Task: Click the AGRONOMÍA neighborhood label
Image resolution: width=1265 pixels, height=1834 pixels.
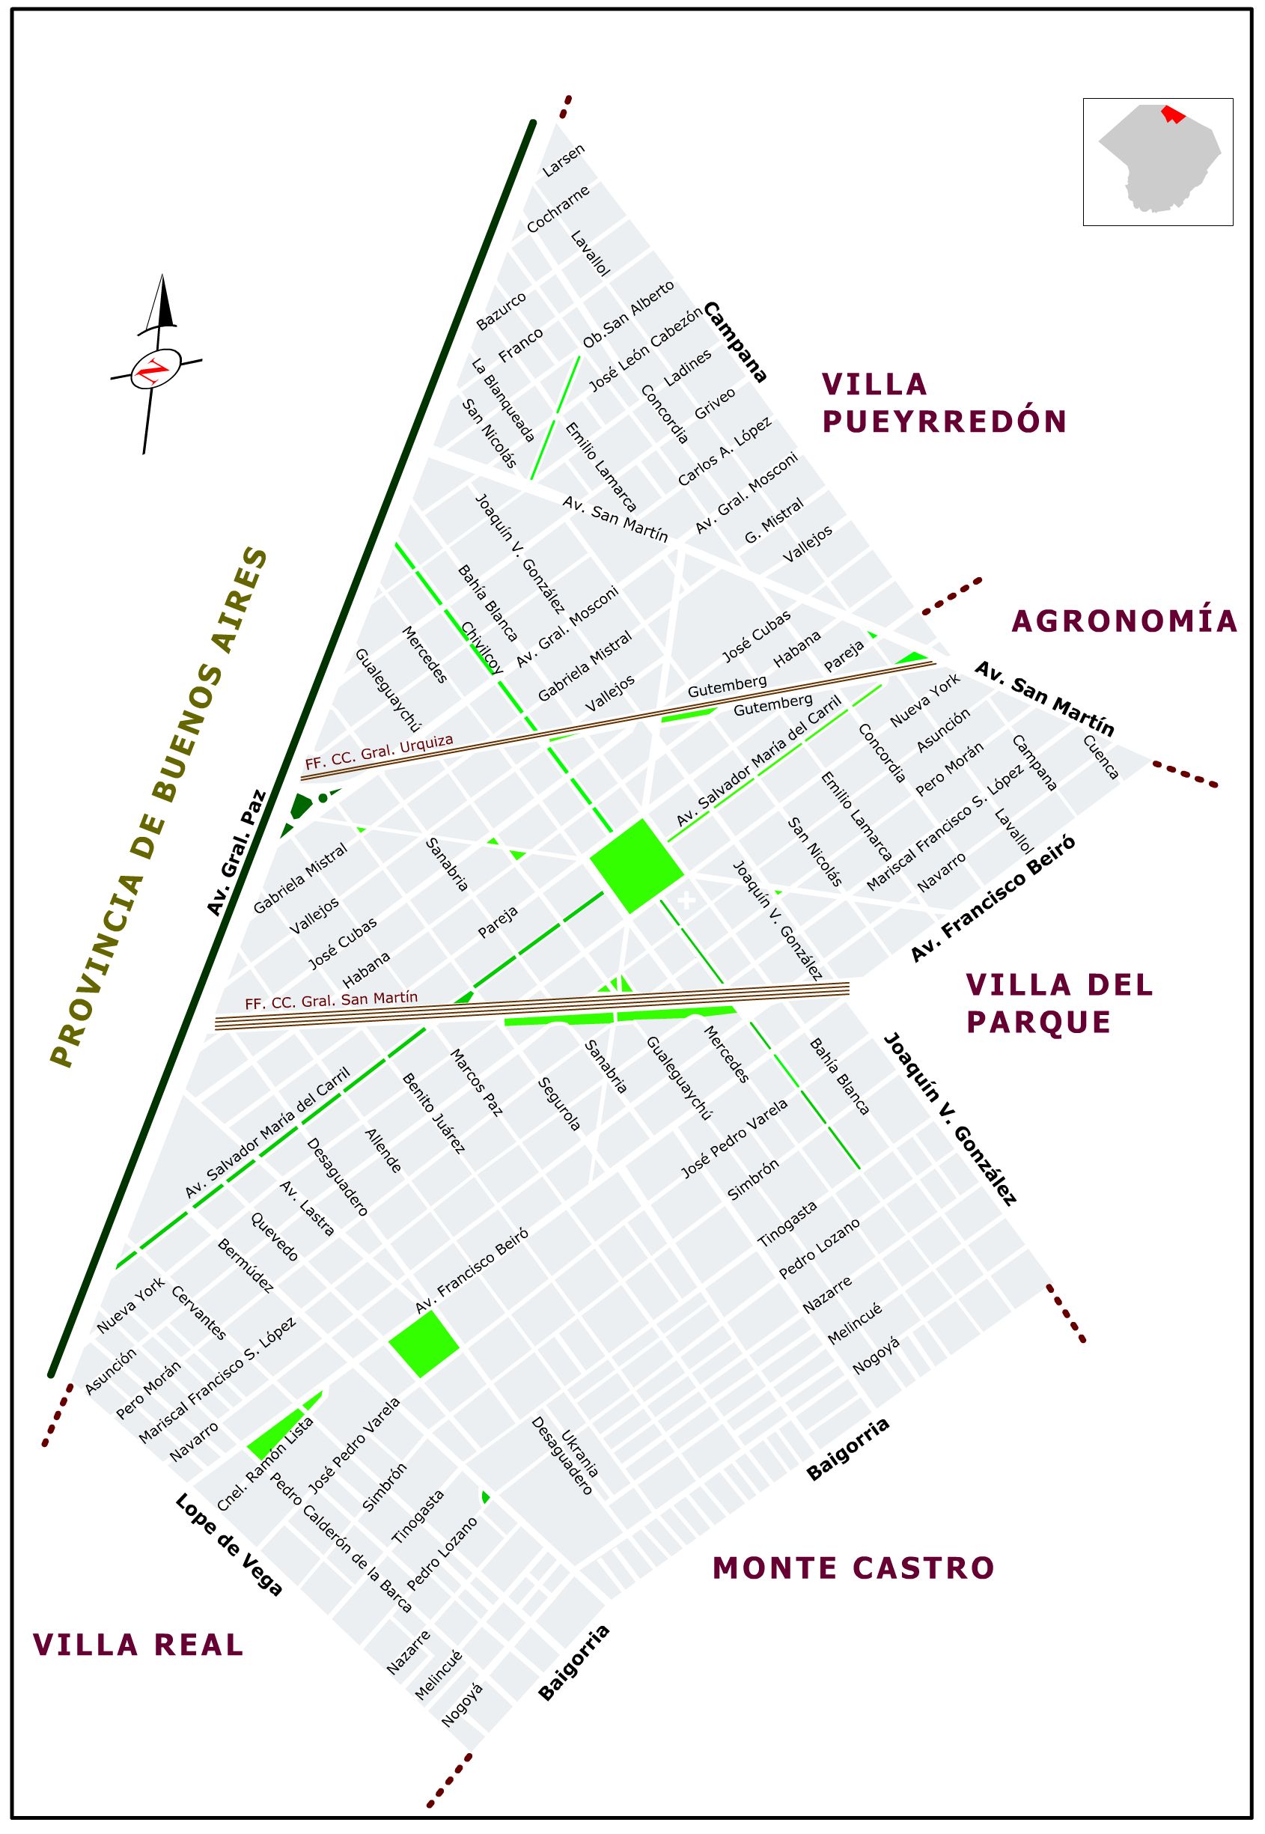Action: coord(1125,621)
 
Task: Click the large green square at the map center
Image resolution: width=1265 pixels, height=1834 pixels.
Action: coord(636,865)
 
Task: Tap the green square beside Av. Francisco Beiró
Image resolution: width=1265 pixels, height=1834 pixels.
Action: coord(423,1344)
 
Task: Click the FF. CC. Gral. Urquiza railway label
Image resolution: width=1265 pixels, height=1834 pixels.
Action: coord(379,752)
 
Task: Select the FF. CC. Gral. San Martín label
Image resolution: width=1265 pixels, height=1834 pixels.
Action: coord(332,1001)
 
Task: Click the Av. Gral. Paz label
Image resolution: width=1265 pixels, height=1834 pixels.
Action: coord(237,853)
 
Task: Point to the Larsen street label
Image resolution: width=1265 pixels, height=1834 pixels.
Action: coord(564,160)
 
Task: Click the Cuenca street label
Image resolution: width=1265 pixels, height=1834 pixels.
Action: coord(1102,757)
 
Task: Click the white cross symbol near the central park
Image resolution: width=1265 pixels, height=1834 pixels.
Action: coord(686,900)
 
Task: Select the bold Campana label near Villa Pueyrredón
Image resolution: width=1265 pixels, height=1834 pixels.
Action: coord(736,341)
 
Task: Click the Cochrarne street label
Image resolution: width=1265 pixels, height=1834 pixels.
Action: coord(559,210)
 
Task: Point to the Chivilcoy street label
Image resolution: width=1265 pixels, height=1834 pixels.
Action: coord(482,648)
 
